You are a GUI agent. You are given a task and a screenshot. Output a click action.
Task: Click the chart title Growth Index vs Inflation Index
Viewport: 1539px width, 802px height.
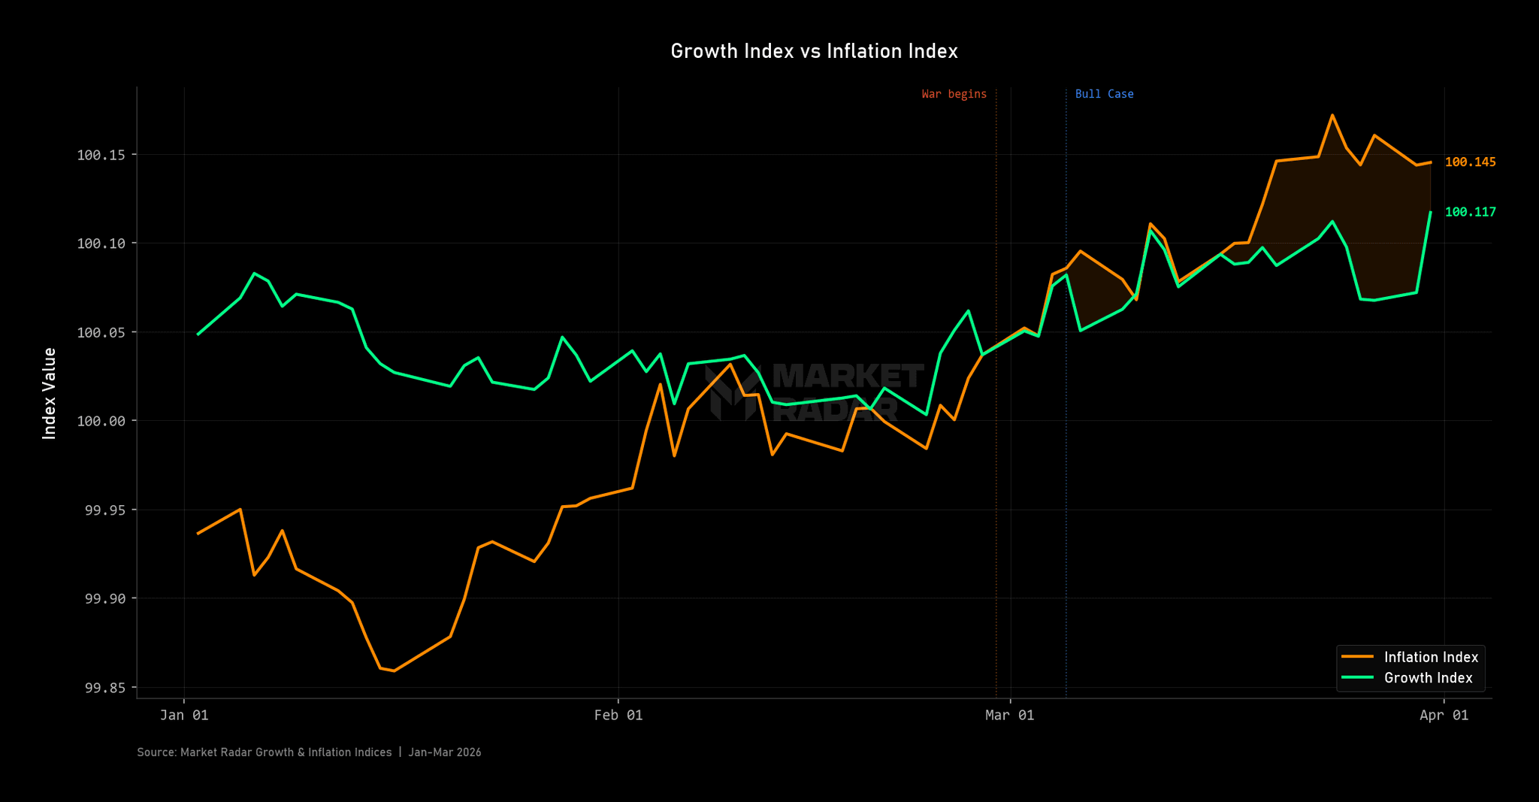(814, 51)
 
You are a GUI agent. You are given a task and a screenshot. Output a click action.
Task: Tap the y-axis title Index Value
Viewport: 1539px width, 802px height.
(50, 393)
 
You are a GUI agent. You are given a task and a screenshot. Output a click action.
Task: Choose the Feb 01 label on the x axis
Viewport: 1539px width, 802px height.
(618, 715)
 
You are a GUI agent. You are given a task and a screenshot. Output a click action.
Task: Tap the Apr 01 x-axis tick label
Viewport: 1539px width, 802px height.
(1444, 715)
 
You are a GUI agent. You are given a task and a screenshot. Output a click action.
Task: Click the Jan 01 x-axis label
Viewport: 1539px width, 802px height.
(184, 715)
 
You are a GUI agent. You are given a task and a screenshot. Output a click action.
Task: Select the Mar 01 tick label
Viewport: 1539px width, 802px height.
(1009, 715)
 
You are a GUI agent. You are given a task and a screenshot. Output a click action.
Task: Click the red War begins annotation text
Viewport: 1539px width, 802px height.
(954, 94)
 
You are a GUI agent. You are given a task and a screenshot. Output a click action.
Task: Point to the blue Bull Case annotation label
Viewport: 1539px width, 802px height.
(1104, 94)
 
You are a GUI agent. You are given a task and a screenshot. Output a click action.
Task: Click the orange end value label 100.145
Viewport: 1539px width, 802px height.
(1470, 162)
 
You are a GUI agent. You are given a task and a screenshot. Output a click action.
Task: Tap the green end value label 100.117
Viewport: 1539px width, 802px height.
(1470, 212)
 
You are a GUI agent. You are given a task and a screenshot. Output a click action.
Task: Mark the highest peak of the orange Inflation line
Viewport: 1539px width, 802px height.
(1332, 115)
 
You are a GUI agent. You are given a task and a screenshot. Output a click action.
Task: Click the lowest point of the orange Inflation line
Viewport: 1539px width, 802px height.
(394, 670)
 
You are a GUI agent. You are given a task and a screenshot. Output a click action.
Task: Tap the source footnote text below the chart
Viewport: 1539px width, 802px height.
(309, 752)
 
